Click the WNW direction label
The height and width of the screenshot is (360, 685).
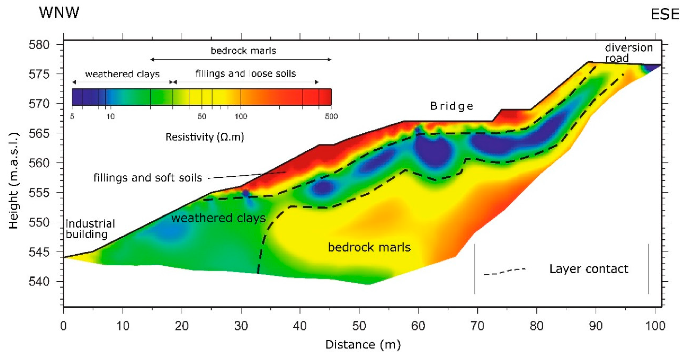(59, 12)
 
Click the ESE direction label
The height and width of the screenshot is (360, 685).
(664, 15)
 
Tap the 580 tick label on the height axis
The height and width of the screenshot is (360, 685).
(39, 45)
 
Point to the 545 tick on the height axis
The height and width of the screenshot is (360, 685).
(39, 252)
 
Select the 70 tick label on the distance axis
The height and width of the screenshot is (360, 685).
(477, 326)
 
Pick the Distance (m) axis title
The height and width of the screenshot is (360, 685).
(363, 345)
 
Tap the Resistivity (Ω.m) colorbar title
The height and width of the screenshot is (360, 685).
(205, 137)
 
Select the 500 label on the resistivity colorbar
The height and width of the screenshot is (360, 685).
(331, 116)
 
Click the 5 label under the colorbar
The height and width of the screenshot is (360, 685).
(72, 116)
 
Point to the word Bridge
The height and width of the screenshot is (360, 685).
(452, 106)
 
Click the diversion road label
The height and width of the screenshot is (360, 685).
(628, 53)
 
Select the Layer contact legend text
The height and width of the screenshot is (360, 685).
(589, 269)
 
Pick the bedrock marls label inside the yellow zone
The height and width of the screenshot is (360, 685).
(369, 247)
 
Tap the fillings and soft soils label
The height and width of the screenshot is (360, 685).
(148, 178)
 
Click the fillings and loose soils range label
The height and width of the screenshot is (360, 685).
(245, 73)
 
